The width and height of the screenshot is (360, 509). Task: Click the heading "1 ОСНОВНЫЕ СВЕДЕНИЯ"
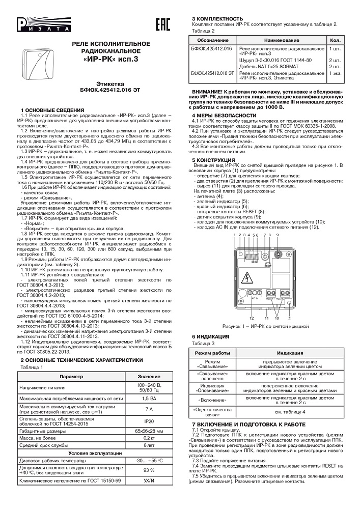[49, 110]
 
